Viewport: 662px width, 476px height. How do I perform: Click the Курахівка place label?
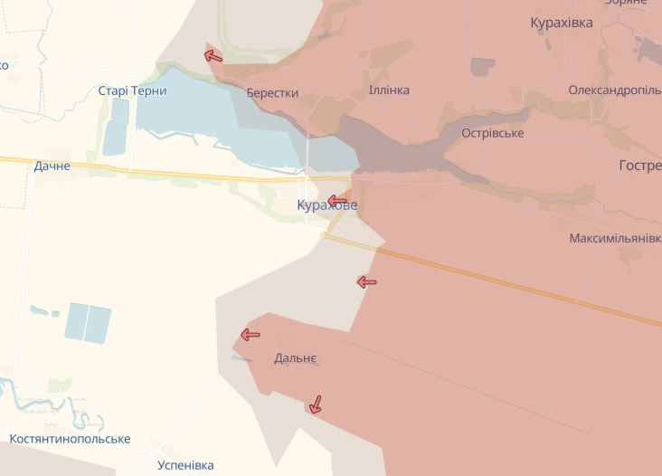562,23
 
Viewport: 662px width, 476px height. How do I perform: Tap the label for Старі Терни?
132,90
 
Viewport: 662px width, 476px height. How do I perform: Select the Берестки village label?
272,93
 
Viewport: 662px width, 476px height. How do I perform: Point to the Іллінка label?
389,90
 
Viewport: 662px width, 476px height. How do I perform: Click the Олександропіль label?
614,90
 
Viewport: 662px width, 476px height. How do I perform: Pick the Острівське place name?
492,133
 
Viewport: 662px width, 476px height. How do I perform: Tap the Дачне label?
52,166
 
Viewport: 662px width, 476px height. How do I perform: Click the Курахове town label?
326,205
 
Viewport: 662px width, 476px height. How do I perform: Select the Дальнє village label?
296,358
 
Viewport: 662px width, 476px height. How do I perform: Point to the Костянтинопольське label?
70,439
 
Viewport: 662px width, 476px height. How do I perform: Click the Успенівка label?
185,465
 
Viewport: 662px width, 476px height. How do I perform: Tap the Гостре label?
639,165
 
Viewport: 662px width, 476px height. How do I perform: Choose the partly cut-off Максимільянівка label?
615,239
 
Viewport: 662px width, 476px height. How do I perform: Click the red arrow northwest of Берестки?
213,56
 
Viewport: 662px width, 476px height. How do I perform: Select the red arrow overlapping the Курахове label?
337,200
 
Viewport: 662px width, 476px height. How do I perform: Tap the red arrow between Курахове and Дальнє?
367,282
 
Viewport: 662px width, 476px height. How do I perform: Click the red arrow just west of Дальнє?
250,335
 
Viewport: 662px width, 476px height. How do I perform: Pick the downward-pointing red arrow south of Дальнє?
315,404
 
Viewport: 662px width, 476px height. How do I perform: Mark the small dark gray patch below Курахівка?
483,66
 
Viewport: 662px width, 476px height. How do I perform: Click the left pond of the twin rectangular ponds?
76,321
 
